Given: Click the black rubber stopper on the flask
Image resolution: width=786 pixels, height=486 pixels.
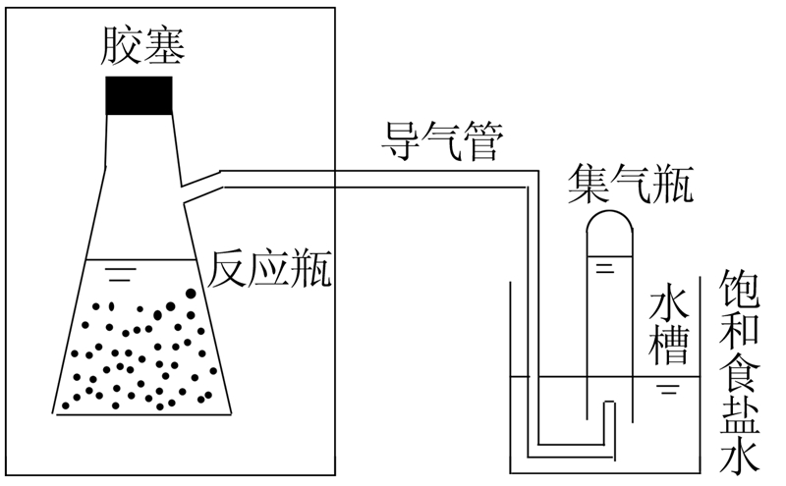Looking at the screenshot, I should coord(140,94).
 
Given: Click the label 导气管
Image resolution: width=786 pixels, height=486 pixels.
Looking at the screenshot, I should coord(442,145).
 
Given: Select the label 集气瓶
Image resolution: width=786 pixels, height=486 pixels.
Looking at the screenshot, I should coord(630,184).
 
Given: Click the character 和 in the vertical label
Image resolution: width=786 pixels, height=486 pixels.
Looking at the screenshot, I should coord(740,330).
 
